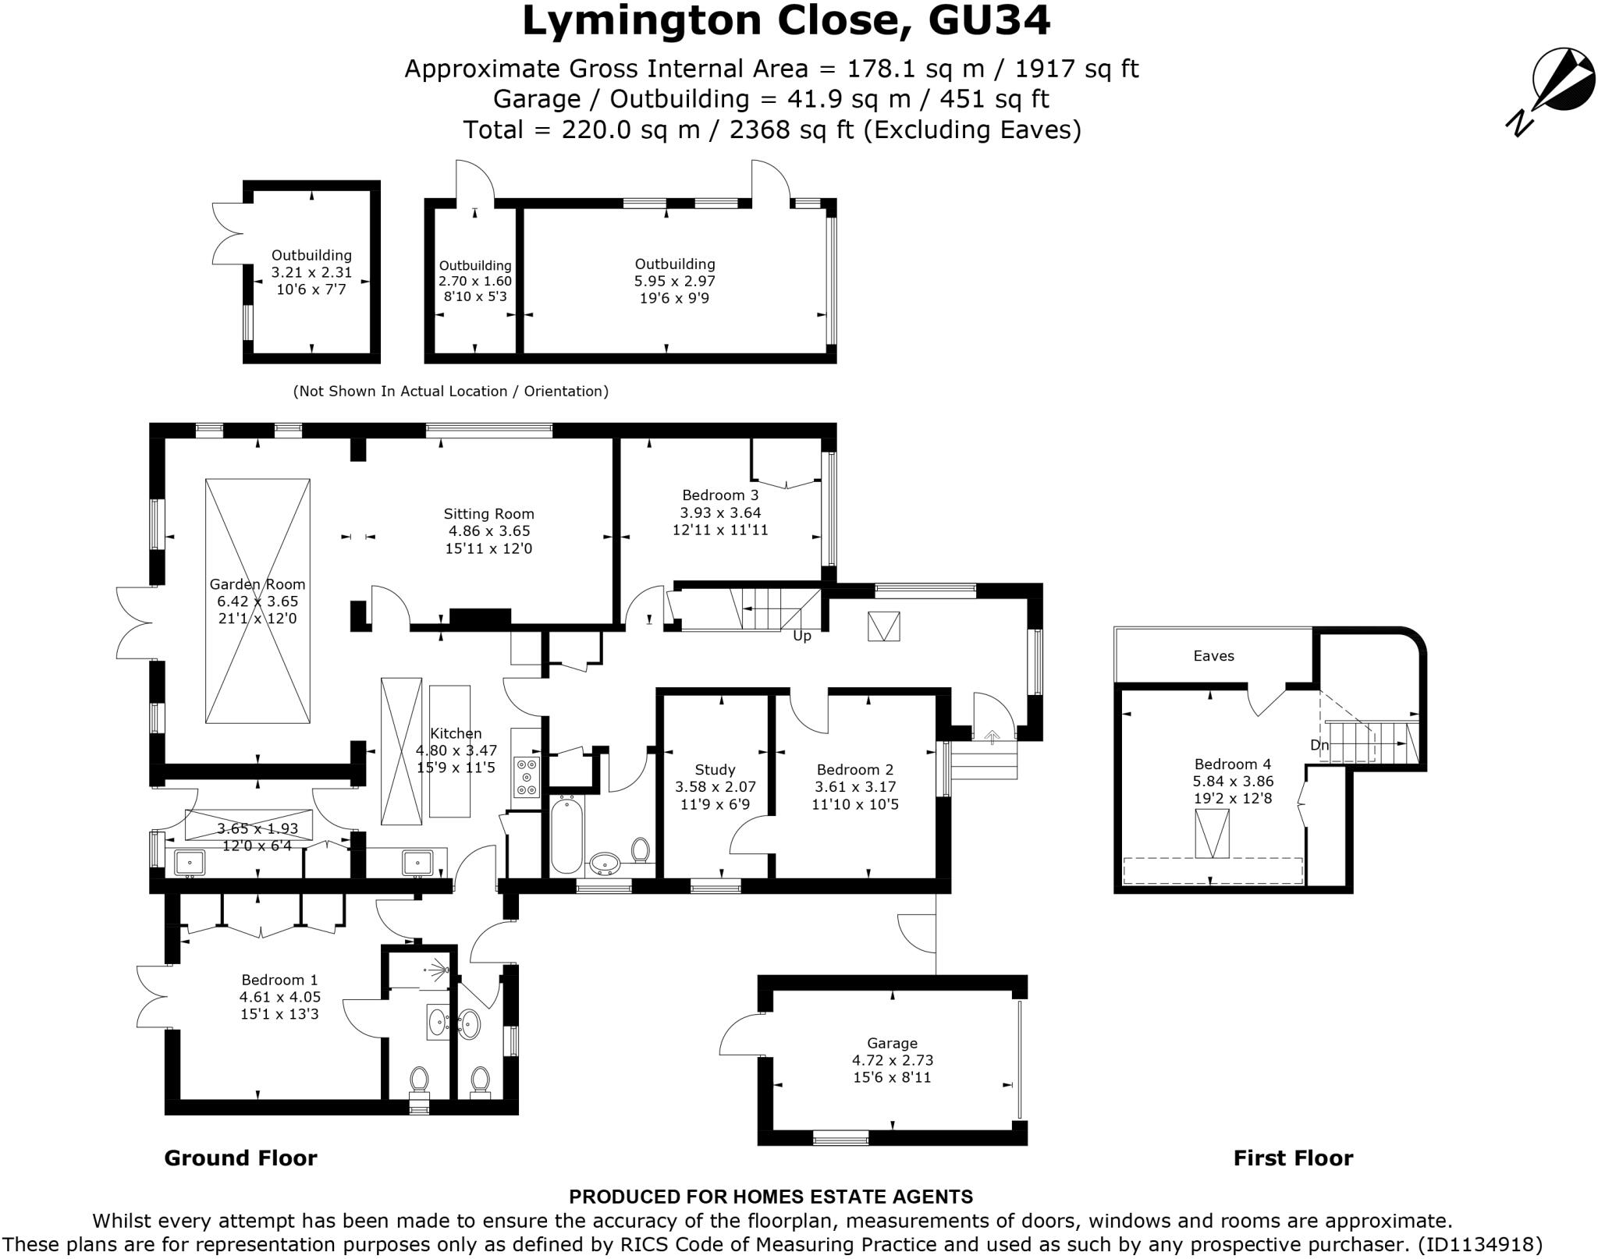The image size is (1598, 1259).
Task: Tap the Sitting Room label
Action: pyautogui.click(x=488, y=514)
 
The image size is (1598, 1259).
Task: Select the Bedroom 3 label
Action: pyautogui.click(x=719, y=495)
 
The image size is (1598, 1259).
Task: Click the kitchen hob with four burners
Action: pyautogui.click(x=527, y=777)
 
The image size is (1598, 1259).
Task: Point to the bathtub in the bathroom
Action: pyautogui.click(x=566, y=835)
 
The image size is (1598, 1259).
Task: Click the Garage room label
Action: pyautogui.click(x=892, y=1043)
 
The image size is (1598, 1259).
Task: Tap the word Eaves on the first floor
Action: pyautogui.click(x=1213, y=656)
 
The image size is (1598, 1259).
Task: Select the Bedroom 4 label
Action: pyautogui.click(x=1232, y=764)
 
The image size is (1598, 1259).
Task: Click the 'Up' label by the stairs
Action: pyautogui.click(x=802, y=636)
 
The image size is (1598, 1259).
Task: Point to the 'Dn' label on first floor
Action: pyautogui.click(x=1319, y=746)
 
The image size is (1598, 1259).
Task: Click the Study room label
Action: pyautogui.click(x=715, y=770)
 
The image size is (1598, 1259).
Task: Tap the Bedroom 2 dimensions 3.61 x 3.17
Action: pyautogui.click(x=855, y=787)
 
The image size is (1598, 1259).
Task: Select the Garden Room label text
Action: pyautogui.click(x=257, y=584)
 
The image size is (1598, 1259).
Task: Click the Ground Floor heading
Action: pyautogui.click(x=240, y=1158)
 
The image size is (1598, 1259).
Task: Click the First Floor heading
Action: pyautogui.click(x=1293, y=1158)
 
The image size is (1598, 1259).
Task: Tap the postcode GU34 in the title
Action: pyautogui.click(x=989, y=22)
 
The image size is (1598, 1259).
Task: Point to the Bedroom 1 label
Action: pyautogui.click(x=279, y=980)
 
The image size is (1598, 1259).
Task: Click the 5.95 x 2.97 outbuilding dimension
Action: pyautogui.click(x=674, y=281)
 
